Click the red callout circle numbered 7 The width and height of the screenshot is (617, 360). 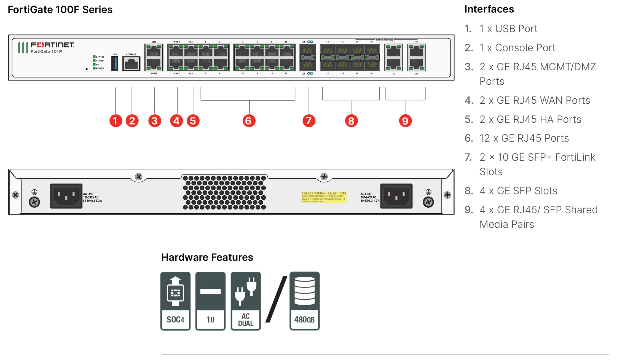[309, 121]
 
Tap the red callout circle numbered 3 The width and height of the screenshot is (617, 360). [154, 121]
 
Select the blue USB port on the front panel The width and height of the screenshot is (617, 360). [115, 63]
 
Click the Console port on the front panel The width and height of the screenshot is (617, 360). [131, 64]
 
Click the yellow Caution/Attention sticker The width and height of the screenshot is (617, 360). [323, 197]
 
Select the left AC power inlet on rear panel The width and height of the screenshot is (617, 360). [66, 196]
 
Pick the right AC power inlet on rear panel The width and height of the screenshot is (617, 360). [396, 196]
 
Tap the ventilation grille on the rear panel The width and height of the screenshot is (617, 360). [224, 192]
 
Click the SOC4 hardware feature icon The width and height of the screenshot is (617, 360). [175, 301]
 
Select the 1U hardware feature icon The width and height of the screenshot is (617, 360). [210, 301]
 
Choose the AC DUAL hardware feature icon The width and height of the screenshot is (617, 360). [245, 301]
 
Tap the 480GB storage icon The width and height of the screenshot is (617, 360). [304, 301]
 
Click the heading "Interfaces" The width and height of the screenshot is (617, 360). [489, 9]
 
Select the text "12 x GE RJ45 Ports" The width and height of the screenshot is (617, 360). [524, 138]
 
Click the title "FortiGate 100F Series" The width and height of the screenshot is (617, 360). [60, 10]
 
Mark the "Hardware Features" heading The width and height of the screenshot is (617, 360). [207, 257]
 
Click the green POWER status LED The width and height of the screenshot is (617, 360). [94, 68]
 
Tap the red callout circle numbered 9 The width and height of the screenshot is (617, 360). [405, 121]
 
